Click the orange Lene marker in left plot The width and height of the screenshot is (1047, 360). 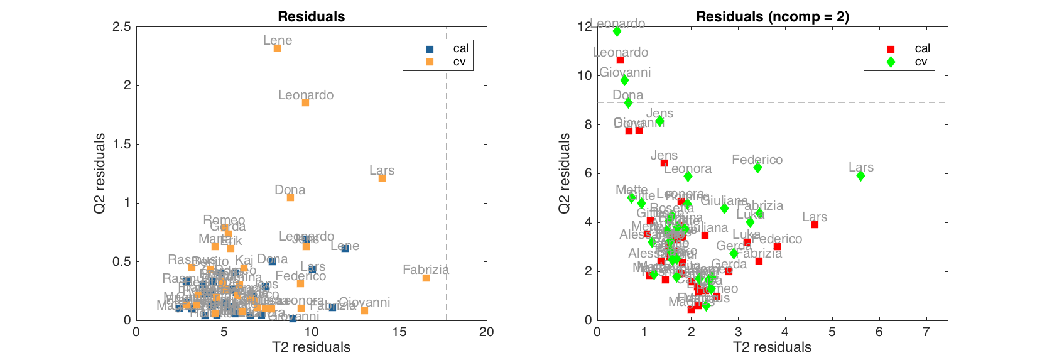tap(277, 48)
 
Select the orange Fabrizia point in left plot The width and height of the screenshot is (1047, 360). tap(426, 278)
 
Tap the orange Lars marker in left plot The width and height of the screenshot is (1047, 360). tap(382, 178)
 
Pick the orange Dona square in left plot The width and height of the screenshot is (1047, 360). tap(290, 197)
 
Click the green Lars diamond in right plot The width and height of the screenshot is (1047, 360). tap(860, 176)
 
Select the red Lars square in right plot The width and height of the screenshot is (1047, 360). tap(815, 224)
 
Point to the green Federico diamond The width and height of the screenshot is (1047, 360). tap(757, 168)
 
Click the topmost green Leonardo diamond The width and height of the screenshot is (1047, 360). tap(617, 31)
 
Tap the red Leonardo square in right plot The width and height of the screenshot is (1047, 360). tap(620, 60)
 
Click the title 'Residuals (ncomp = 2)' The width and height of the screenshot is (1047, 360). tap(772, 17)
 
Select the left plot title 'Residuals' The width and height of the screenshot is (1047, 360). tap(311, 17)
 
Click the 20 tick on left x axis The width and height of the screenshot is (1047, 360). tap(486, 332)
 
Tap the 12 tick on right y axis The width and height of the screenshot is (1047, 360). tap(584, 26)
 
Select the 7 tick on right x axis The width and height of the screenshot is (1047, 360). tap(926, 332)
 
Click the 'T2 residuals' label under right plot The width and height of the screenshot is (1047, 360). tap(772, 347)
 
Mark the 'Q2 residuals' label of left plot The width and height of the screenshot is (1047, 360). tap(100, 173)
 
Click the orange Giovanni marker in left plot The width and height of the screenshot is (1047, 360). tap(364, 310)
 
